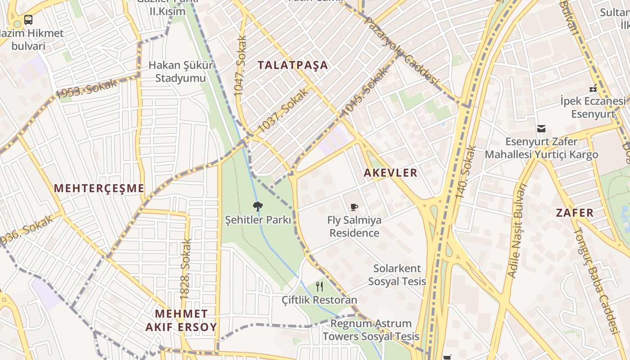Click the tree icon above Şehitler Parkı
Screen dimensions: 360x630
[x=257, y=207]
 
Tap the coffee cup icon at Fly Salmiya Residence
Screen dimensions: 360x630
[x=354, y=207]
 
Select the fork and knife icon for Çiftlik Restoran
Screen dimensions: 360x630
[x=319, y=286]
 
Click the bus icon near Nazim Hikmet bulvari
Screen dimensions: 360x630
[x=28, y=20]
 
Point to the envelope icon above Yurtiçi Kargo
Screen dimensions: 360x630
[x=541, y=129]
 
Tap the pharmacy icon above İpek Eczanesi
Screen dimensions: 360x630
[x=593, y=88]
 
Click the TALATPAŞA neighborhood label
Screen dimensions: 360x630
[x=293, y=65]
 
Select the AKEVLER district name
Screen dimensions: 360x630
[x=391, y=173]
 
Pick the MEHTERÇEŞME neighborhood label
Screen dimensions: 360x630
[x=99, y=189]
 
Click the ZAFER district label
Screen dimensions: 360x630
[x=575, y=213]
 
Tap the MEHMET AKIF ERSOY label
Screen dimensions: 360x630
[x=181, y=320]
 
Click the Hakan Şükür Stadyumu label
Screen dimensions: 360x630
[x=181, y=72]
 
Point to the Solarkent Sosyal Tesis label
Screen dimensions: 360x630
[x=397, y=275]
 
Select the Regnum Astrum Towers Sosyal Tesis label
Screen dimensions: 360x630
[x=371, y=330]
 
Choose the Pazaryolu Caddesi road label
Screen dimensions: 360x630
[x=401, y=50]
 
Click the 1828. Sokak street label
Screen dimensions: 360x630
[x=185, y=269]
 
